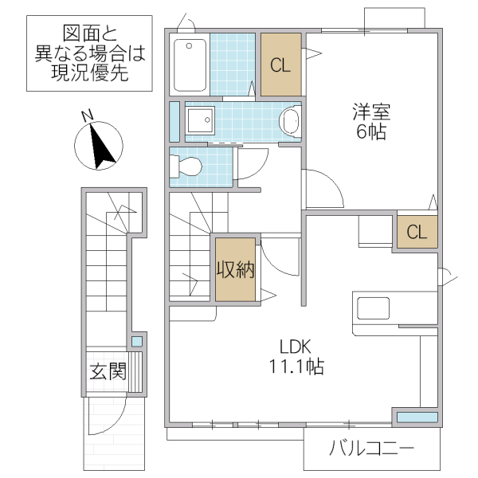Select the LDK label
(x=294, y=347)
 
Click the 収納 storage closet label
(x=234, y=270)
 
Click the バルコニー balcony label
(x=372, y=452)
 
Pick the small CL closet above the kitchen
(x=417, y=232)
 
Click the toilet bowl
(x=190, y=167)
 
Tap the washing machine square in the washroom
(x=200, y=120)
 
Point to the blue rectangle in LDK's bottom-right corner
(x=417, y=417)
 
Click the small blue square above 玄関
(x=136, y=342)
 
